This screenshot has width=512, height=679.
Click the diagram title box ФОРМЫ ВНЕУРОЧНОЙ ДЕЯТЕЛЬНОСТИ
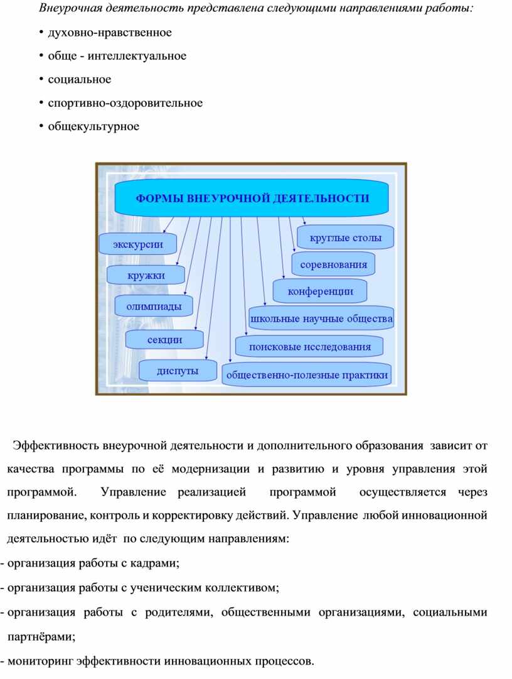tap(253, 198)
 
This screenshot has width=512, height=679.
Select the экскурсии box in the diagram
tap(138, 244)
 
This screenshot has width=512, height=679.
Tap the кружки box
tap(146, 275)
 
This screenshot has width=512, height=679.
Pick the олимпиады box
tap(154, 307)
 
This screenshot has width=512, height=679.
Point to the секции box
tap(164, 340)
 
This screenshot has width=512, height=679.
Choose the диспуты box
tap(178, 371)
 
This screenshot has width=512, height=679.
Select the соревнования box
tap(333, 264)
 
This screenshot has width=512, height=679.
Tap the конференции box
tap(320, 291)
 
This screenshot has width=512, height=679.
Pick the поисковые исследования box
tap(310, 346)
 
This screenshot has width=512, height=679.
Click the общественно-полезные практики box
tap(307, 375)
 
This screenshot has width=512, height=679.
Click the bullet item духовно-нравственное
tap(110, 32)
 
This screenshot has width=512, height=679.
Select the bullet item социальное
tap(80, 79)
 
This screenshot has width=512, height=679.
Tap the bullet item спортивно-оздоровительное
tap(125, 103)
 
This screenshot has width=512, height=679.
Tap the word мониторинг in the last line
tap(40, 661)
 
